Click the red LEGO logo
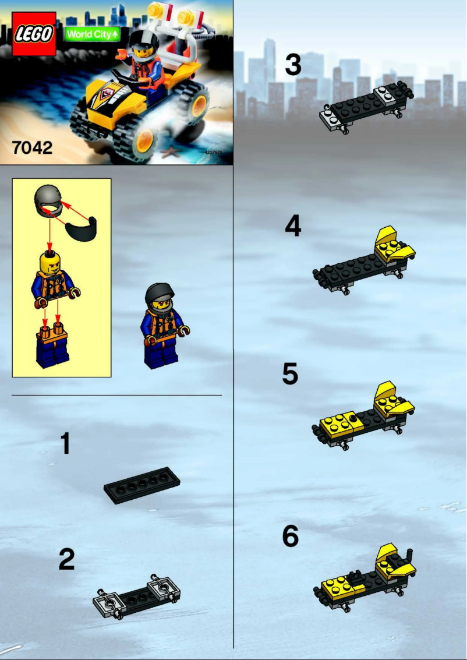coord(34,34)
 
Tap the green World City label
coord(92,34)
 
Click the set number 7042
coord(33,147)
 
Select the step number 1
coord(66,443)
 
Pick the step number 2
coord(66,560)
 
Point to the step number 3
coord(293,65)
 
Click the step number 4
coord(293,226)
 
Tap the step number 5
coord(291,374)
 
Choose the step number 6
coord(291,537)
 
